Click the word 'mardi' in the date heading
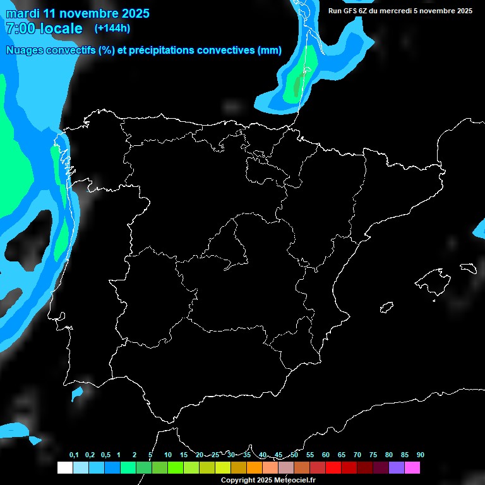23,13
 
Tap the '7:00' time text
18,29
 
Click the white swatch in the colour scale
64,467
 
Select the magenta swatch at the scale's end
412,467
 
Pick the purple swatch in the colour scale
397,467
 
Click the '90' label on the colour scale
420,455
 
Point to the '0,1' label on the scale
74,455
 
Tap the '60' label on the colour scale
325,455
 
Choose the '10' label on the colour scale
167,455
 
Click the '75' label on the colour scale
373,455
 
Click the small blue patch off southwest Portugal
78,394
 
